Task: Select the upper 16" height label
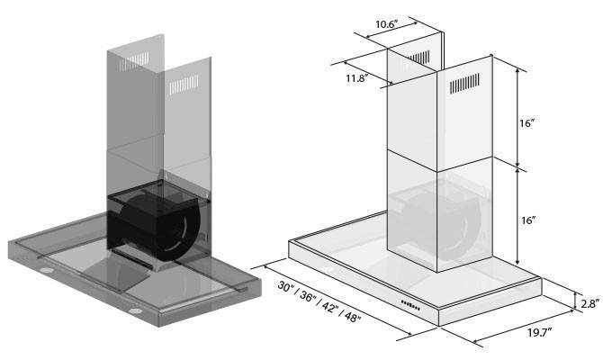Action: point(528,123)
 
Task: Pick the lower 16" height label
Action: point(528,220)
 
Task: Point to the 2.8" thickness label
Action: point(588,304)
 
